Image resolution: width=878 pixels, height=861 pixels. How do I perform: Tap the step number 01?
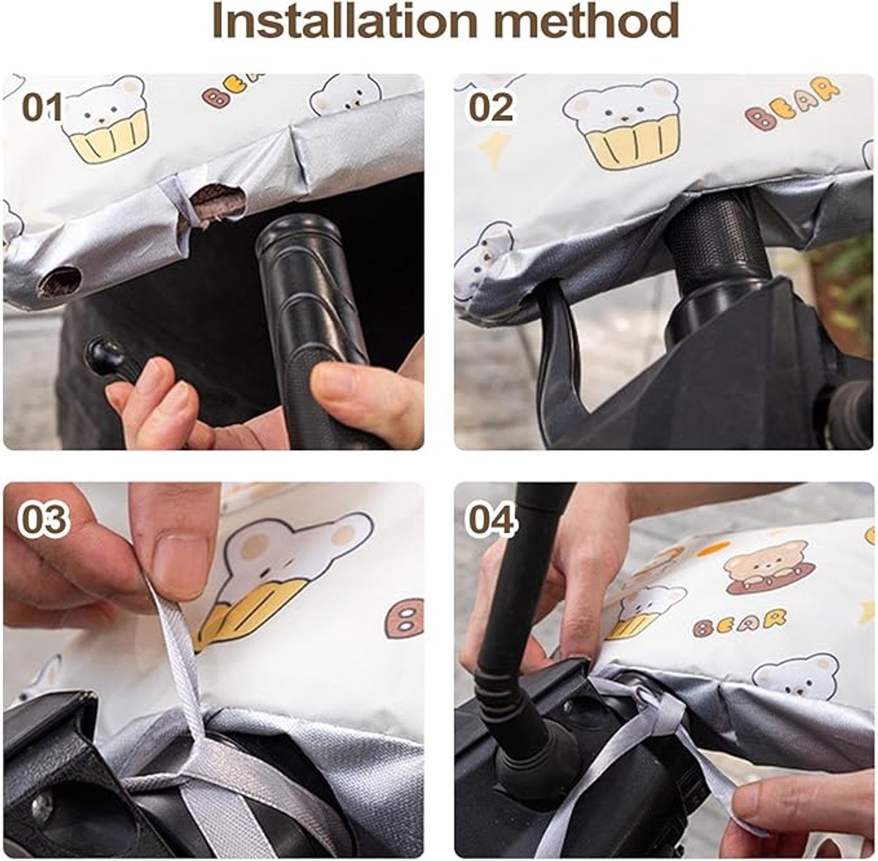click(x=42, y=108)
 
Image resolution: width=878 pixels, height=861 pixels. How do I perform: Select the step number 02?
click(x=492, y=108)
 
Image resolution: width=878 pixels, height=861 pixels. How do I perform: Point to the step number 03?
click(x=44, y=519)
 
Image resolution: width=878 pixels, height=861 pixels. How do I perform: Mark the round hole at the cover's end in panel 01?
click(x=60, y=282)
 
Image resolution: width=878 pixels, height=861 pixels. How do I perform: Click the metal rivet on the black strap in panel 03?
click(x=43, y=797)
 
